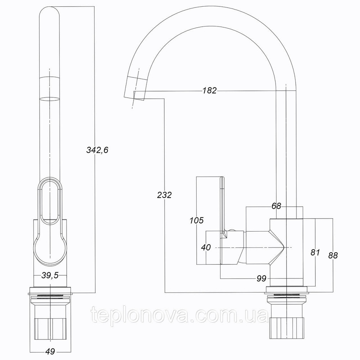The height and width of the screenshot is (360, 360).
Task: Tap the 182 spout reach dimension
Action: (x=210, y=91)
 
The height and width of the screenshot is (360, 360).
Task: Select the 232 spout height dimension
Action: (x=165, y=195)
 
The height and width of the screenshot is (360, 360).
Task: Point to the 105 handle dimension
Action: (x=197, y=220)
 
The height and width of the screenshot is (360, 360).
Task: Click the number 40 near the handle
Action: (x=206, y=247)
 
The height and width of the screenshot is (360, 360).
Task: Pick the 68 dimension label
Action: (x=276, y=206)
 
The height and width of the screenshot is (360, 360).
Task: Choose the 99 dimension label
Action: (x=261, y=279)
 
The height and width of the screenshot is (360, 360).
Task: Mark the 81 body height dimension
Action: (x=315, y=252)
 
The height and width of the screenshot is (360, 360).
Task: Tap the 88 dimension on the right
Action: (x=333, y=255)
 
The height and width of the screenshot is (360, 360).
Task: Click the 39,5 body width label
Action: (x=50, y=275)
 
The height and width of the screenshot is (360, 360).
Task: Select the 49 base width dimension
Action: (x=50, y=351)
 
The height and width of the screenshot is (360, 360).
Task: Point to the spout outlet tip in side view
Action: (x=134, y=98)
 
